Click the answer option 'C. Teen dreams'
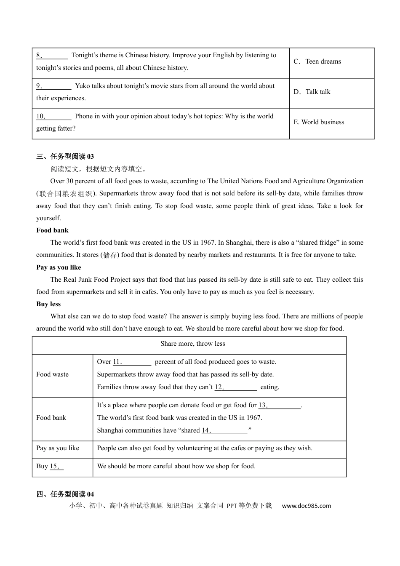pyautogui.click(x=317, y=61)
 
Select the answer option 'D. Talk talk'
pyautogui.click(x=312, y=92)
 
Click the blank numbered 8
pyautogui.click(x=52, y=56)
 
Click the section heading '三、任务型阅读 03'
pyautogui.click(x=65, y=157)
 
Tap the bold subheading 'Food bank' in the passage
pyautogui.click(x=52, y=230)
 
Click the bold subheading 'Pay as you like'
pyautogui.click(x=59, y=267)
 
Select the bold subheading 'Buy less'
pyautogui.click(x=48, y=304)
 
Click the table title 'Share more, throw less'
pyautogui.click(x=193, y=344)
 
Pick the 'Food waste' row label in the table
pyautogui.click(x=52, y=374)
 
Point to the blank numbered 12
pyautogui.click(x=236, y=387)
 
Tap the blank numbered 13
pyautogui.click(x=280, y=406)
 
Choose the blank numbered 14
pyautogui.click(x=225, y=431)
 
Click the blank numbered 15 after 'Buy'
pyautogui.click(x=57, y=467)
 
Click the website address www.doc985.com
pyautogui.click(x=307, y=506)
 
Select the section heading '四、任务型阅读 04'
pyautogui.click(x=65, y=494)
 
